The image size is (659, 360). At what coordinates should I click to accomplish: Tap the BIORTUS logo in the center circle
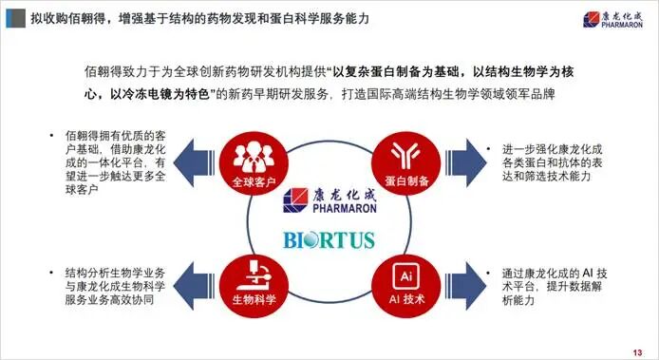[329, 238]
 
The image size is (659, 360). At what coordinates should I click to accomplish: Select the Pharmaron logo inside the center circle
[329, 200]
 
